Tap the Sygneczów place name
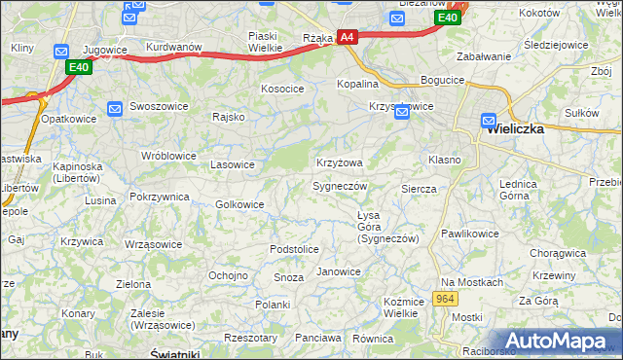(x=340, y=186)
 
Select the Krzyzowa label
(x=340, y=162)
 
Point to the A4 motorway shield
(x=348, y=38)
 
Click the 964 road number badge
(x=447, y=298)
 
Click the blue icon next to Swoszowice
(x=115, y=108)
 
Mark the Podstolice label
(x=294, y=250)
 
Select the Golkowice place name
(x=239, y=204)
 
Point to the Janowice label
(x=339, y=271)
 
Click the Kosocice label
(x=282, y=89)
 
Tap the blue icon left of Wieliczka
(x=490, y=122)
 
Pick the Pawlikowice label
(x=469, y=234)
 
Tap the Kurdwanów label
(x=173, y=47)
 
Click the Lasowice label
(x=233, y=164)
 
